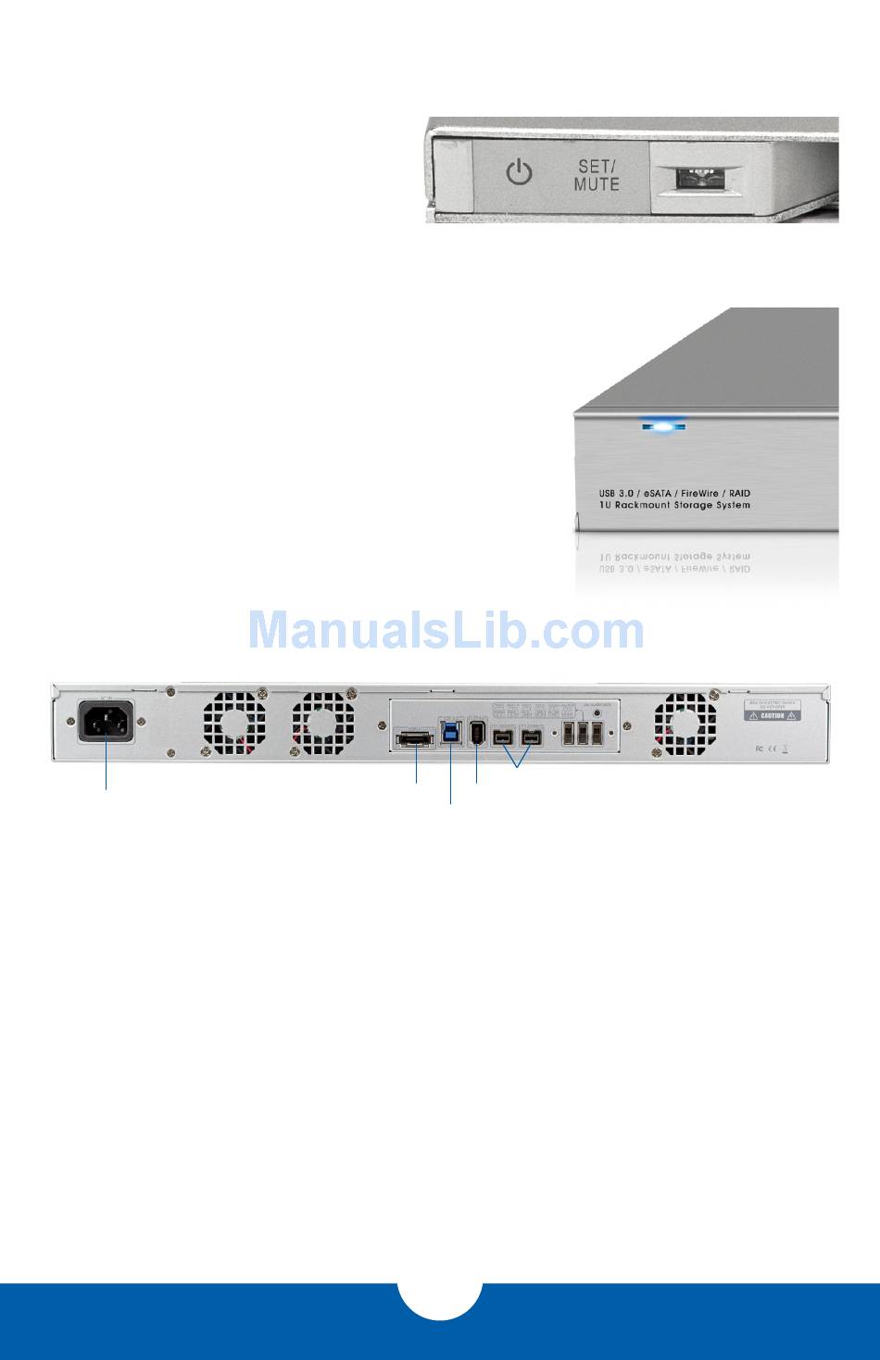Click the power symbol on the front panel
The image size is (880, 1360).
tap(519, 172)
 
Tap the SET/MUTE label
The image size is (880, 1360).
tap(597, 173)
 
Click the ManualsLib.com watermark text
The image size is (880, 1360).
tap(446, 631)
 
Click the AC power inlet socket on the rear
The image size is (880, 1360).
tap(107, 721)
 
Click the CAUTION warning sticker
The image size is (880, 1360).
tap(773, 713)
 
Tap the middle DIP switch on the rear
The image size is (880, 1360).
tap(583, 734)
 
